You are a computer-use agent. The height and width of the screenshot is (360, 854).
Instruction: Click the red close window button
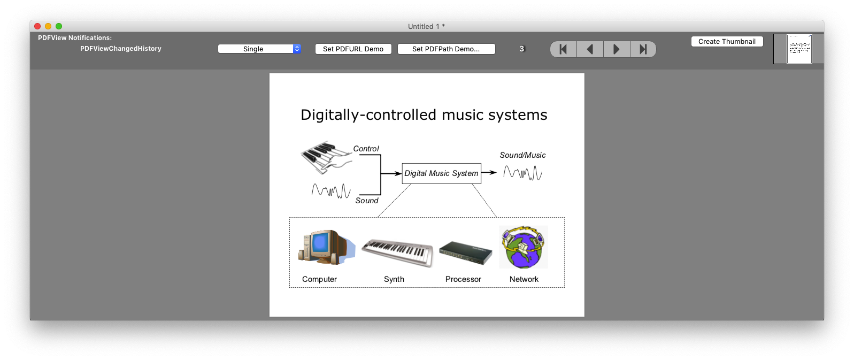[x=37, y=26]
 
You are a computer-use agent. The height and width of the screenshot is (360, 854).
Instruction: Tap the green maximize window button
[x=59, y=26]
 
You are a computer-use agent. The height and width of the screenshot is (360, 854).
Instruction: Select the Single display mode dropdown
[x=259, y=49]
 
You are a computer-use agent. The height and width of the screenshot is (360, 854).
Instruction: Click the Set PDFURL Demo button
[x=353, y=49]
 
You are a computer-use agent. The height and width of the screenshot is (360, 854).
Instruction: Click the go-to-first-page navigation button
[x=563, y=49]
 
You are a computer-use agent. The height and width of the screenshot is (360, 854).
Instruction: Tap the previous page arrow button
[x=590, y=49]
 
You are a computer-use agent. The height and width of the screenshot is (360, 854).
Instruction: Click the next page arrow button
[x=617, y=49]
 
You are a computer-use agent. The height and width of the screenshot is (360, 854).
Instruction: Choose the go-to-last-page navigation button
[x=643, y=49]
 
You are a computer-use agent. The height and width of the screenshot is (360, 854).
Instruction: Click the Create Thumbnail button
[x=727, y=42]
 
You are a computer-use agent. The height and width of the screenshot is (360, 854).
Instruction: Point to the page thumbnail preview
[x=799, y=49]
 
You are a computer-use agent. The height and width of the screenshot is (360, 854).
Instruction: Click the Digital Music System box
[x=442, y=173]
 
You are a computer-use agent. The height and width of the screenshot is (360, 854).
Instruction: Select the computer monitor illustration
[x=326, y=247]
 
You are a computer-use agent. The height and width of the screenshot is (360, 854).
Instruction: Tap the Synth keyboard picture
[x=397, y=252]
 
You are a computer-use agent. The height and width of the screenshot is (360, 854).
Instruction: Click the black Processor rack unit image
[x=466, y=252]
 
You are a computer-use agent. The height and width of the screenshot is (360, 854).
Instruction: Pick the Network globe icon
[x=524, y=247]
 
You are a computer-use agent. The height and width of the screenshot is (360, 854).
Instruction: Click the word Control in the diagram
[x=366, y=149]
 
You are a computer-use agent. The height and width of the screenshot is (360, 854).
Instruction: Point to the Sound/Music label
[x=522, y=155]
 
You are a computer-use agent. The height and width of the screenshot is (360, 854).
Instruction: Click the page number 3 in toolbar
[x=521, y=49]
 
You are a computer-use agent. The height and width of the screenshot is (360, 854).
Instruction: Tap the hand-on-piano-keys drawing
[x=326, y=157]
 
